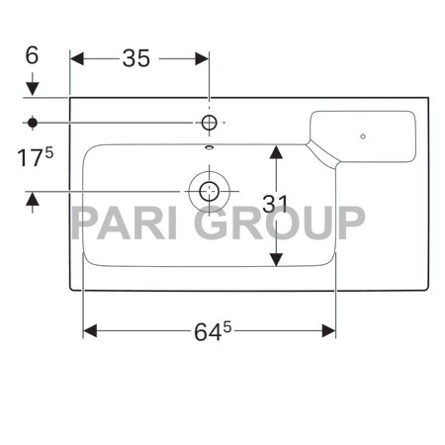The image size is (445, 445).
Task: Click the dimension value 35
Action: click(x=136, y=58)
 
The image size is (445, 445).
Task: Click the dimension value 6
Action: click(x=32, y=55)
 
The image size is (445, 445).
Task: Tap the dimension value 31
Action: click(x=276, y=205)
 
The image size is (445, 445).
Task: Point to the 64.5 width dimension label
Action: click(x=211, y=329)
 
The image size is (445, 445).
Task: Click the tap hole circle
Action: click(x=209, y=123)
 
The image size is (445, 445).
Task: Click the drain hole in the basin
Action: click(x=209, y=191)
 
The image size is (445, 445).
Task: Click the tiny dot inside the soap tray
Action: click(x=363, y=135)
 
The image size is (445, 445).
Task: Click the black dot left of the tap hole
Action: click(x=33, y=123)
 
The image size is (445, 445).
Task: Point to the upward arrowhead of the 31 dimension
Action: click(x=276, y=150)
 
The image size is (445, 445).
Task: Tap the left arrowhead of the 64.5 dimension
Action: click(x=89, y=329)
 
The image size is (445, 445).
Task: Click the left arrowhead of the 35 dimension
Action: click(x=77, y=58)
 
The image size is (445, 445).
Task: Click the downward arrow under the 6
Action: click(x=33, y=89)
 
